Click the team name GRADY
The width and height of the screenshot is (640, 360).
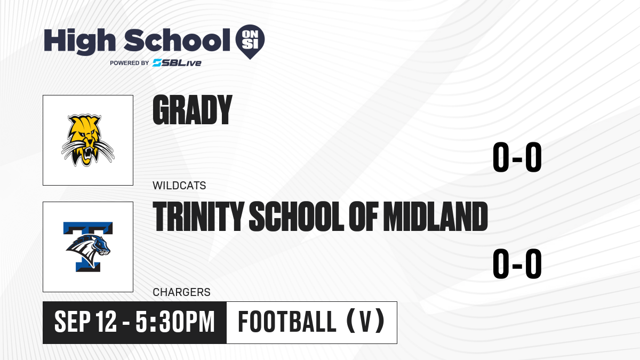pos(193,110)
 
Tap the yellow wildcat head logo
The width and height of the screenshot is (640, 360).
pos(87,140)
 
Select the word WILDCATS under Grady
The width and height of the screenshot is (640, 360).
pos(179,186)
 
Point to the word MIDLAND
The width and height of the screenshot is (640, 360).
pos(435,216)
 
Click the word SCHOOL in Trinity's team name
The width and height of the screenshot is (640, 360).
pos(297,216)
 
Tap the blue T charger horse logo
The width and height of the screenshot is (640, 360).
pos(88,247)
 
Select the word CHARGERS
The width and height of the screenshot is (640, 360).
pos(181,292)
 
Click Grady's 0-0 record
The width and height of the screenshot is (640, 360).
pos(517,157)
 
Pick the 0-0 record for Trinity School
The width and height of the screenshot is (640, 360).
pos(517,263)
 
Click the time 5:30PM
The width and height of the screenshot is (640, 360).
pos(175,322)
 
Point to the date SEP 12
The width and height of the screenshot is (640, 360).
pos(85,322)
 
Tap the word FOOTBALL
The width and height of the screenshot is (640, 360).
pos(287,322)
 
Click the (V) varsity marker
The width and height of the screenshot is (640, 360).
pos(365,322)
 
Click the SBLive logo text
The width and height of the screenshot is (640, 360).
pos(177,62)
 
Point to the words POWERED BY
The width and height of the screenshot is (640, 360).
pos(130,63)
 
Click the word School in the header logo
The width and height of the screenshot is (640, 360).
pos(177,40)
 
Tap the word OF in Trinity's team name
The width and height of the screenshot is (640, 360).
pos(363,216)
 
